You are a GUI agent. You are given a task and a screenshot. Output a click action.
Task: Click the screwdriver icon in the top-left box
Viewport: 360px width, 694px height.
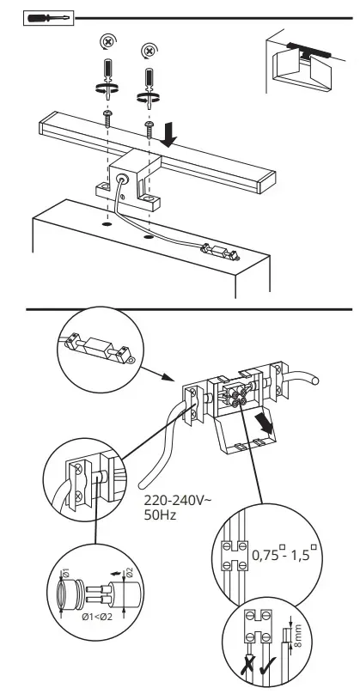click(x=49, y=18)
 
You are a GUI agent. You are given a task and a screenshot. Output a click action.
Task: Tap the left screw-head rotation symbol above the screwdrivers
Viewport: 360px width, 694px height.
click(x=107, y=42)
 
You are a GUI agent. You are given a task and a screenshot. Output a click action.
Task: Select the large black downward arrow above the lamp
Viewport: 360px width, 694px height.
click(x=168, y=136)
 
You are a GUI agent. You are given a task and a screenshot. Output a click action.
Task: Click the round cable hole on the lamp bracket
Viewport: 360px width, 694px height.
click(x=121, y=179)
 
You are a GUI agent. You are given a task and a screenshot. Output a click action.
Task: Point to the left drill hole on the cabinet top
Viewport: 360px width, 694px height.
click(x=107, y=224)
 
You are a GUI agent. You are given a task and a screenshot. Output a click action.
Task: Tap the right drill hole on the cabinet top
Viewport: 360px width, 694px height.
click(x=148, y=237)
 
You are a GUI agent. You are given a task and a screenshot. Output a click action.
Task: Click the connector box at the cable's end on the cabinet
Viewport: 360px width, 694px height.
click(x=221, y=252)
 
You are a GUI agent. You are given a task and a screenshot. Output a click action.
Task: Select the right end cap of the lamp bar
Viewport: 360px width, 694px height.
click(x=266, y=182)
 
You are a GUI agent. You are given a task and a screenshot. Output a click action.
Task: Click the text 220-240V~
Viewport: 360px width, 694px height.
click(x=177, y=501)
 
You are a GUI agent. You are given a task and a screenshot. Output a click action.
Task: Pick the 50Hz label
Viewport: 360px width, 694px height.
click(x=160, y=514)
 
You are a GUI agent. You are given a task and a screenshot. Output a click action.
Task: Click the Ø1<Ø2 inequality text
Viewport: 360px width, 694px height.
click(x=97, y=617)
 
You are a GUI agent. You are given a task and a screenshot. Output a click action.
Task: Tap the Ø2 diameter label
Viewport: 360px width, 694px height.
click(x=130, y=572)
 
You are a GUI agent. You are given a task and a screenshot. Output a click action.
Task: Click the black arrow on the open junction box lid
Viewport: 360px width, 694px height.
click(x=265, y=425)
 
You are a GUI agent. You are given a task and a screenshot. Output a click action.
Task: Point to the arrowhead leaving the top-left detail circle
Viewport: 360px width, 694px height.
click(x=167, y=377)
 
